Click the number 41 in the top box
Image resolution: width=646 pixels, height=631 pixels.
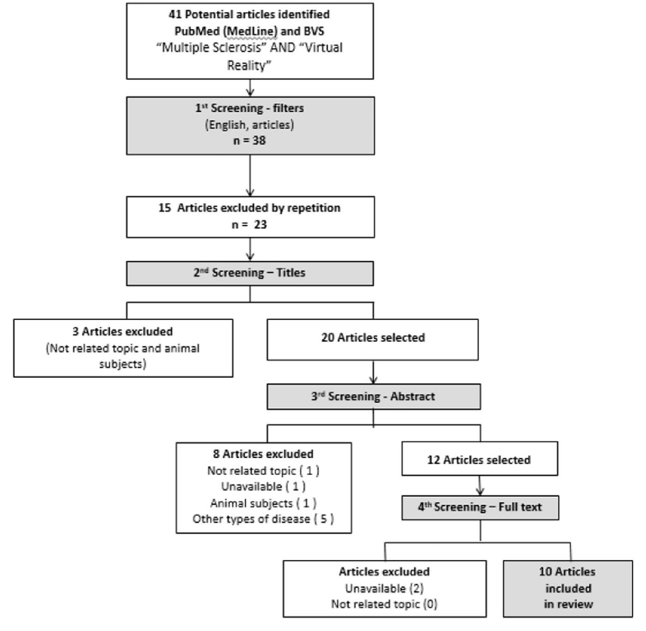pos(175,14)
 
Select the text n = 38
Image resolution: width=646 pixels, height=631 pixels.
pos(249,140)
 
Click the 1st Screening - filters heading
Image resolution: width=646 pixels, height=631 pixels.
pos(249,108)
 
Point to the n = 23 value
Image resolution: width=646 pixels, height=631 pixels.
pos(249,225)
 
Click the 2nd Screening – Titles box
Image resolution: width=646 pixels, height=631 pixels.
pos(250,273)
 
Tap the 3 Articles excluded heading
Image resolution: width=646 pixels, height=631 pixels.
pos(122,332)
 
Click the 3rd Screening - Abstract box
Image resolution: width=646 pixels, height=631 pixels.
pos(373,397)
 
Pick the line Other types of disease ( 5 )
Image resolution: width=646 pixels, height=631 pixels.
pos(263,519)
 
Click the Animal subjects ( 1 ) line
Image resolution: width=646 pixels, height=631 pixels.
pos(263,503)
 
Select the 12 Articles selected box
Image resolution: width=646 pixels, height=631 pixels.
pos(479,459)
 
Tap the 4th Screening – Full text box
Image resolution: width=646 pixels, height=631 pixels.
pos(480,507)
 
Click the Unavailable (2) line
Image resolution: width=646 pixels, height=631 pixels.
pos(384,589)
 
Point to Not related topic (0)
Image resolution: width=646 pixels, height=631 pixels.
pos(384,604)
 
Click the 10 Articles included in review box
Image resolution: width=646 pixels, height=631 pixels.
pos(568,588)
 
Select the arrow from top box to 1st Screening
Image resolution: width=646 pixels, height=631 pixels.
pos(250,88)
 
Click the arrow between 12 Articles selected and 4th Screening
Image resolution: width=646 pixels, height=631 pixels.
pos(480,486)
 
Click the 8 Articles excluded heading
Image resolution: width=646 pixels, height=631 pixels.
pos(263,454)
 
